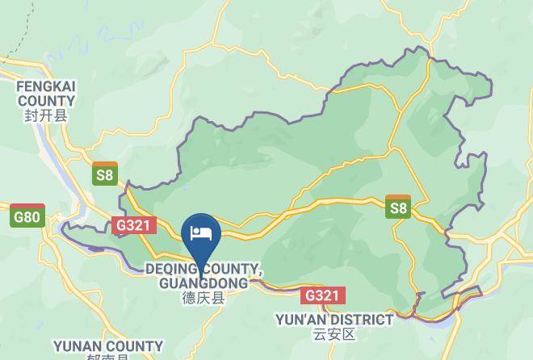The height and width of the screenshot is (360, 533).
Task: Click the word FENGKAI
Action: [x=46, y=86]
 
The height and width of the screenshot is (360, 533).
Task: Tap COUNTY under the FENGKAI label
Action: [x=46, y=101]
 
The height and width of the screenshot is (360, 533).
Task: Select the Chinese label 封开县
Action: [x=46, y=116]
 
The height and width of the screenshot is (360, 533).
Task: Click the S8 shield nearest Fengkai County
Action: [x=105, y=174]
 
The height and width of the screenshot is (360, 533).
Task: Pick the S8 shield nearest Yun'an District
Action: [x=399, y=207]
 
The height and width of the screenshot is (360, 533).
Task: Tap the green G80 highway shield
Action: [x=28, y=217]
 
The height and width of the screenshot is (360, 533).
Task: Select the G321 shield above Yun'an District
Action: [x=321, y=296]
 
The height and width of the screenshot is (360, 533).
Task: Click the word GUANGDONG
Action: [x=204, y=283]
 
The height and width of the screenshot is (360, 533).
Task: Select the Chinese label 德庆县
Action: [x=203, y=299]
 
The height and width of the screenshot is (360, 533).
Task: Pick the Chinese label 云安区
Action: [x=334, y=334]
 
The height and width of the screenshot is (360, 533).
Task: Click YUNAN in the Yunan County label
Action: [x=77, y=346]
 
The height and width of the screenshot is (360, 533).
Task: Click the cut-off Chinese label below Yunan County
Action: [x=108, y=358]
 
